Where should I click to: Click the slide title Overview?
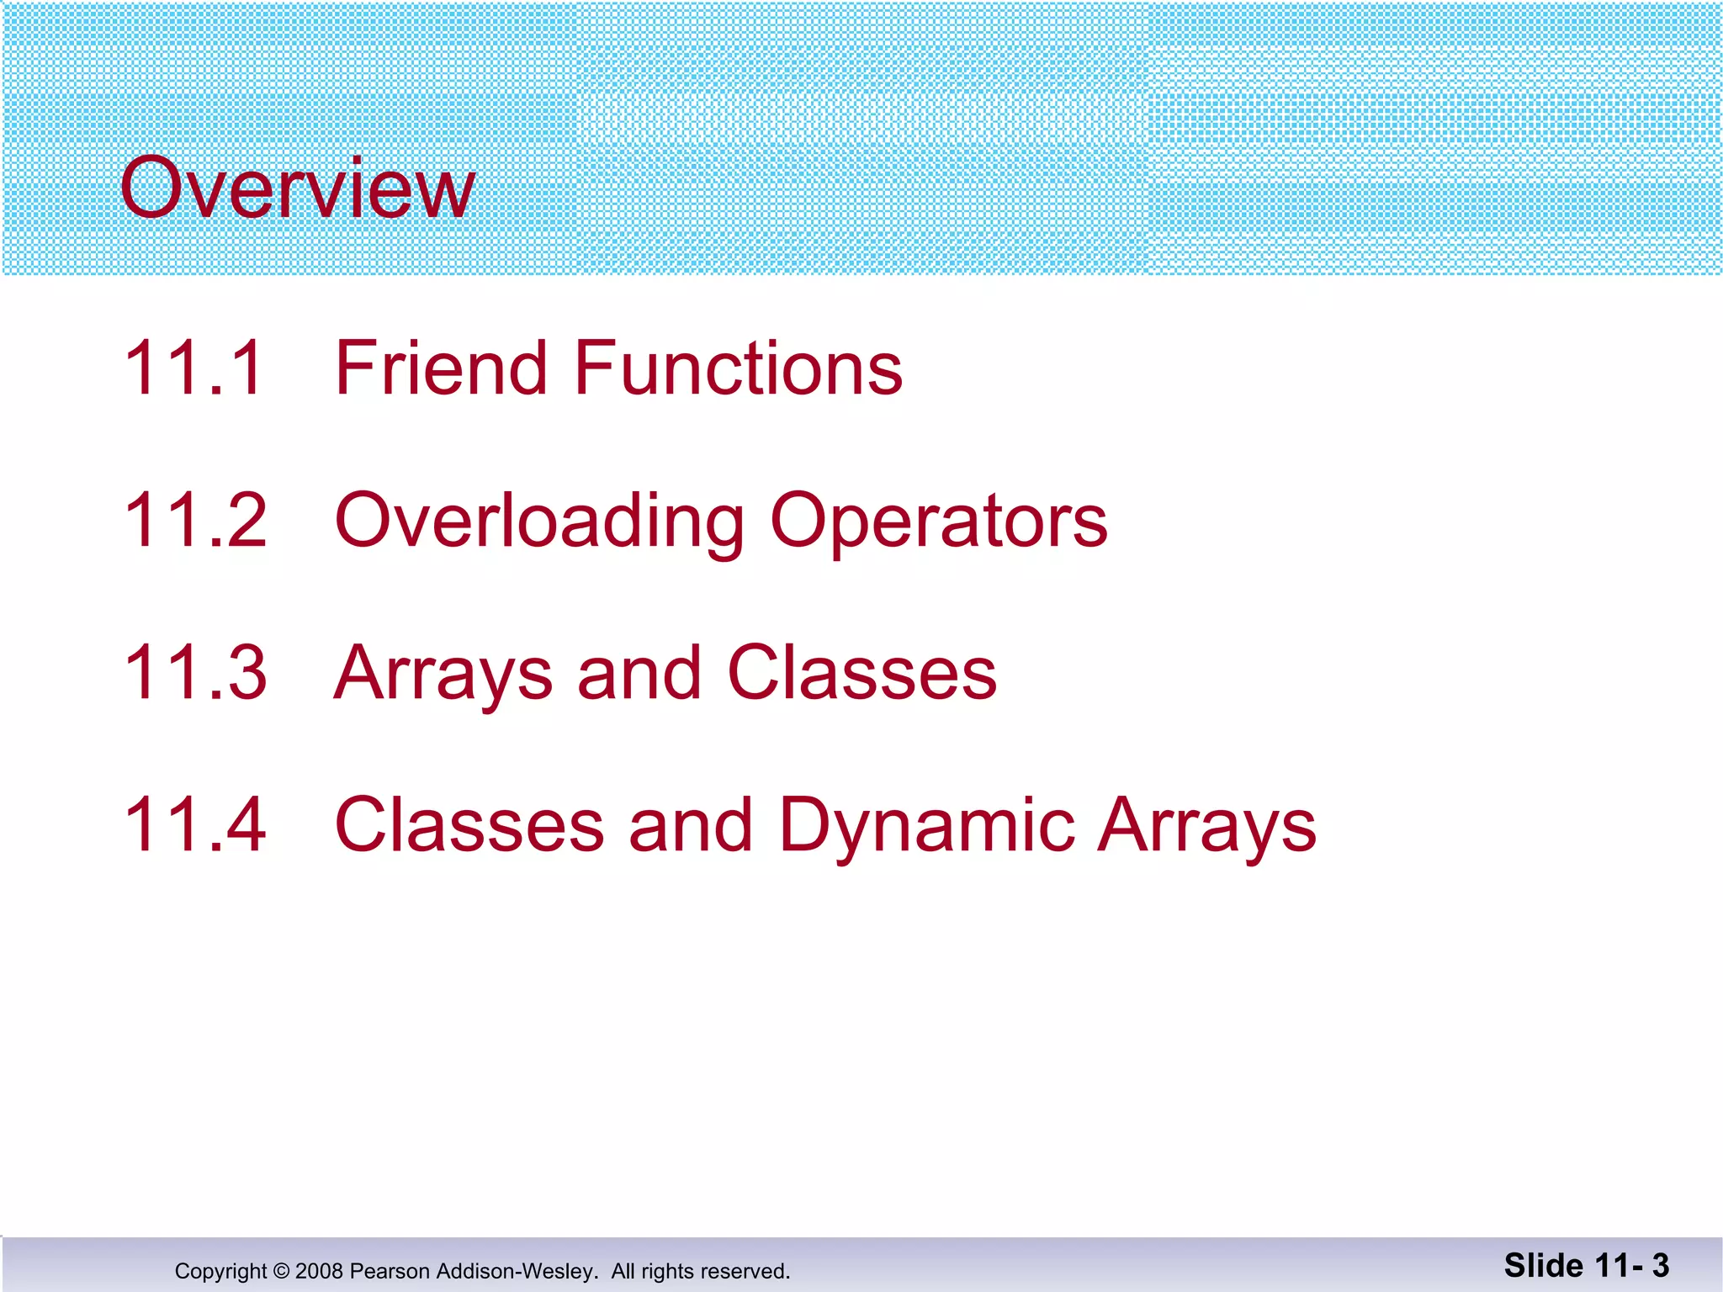(x=297, y=188)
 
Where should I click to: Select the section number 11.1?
(x=194, y=368)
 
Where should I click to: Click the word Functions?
(x=738, y=368)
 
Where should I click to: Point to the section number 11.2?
(x=194, y=520)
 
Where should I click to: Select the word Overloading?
(x=538, y=522)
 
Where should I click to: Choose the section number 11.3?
(x=194, y=672)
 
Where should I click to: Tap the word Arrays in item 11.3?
(x=443, y=674)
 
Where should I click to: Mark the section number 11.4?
(x=194, y=824)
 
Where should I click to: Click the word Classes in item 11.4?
(x=469, y=824)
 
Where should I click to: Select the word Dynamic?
(x=926, y=826)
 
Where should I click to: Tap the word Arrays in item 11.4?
(x=1207, y=826)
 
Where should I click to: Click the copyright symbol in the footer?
(x=281, y=1271)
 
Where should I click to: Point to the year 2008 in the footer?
(x=319, y=1271)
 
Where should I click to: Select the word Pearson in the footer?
(x=390, y=1271)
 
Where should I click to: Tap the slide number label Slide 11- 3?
(x=1586, y=1265)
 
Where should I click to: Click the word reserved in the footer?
(x=744, y=1271)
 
